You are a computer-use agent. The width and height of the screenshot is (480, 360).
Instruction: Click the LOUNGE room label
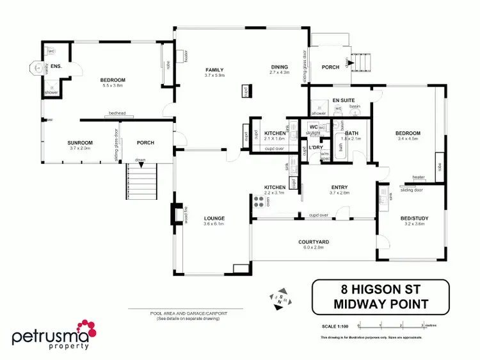pos(214,218)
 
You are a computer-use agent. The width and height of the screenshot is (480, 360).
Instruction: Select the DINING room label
pos(280,67)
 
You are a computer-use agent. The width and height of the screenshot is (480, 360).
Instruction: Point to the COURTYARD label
pos(314,241)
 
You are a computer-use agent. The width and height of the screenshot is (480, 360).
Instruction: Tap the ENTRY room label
pos(339,187)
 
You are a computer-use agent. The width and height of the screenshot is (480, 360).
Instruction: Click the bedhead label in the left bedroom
pos(117,113)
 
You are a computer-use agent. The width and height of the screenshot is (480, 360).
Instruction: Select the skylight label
pos(312,133)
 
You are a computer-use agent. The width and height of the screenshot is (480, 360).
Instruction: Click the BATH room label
pos(352,133)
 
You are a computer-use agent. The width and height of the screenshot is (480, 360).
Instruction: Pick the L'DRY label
pos(314,148)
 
